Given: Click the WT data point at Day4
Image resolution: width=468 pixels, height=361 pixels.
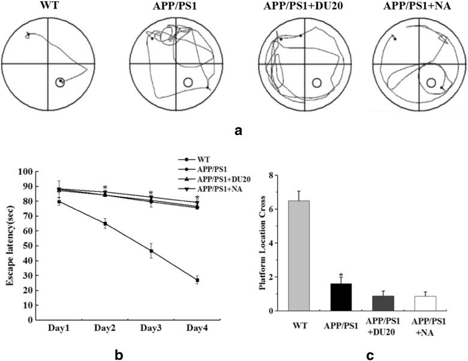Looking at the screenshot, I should pos(197,280).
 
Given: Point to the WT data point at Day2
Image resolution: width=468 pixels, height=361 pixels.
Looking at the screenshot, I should pos(105,224).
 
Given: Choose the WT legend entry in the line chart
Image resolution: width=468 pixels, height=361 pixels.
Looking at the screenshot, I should pos(199,161).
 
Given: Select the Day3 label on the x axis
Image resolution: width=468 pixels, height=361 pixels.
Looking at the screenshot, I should pos(151,329).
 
